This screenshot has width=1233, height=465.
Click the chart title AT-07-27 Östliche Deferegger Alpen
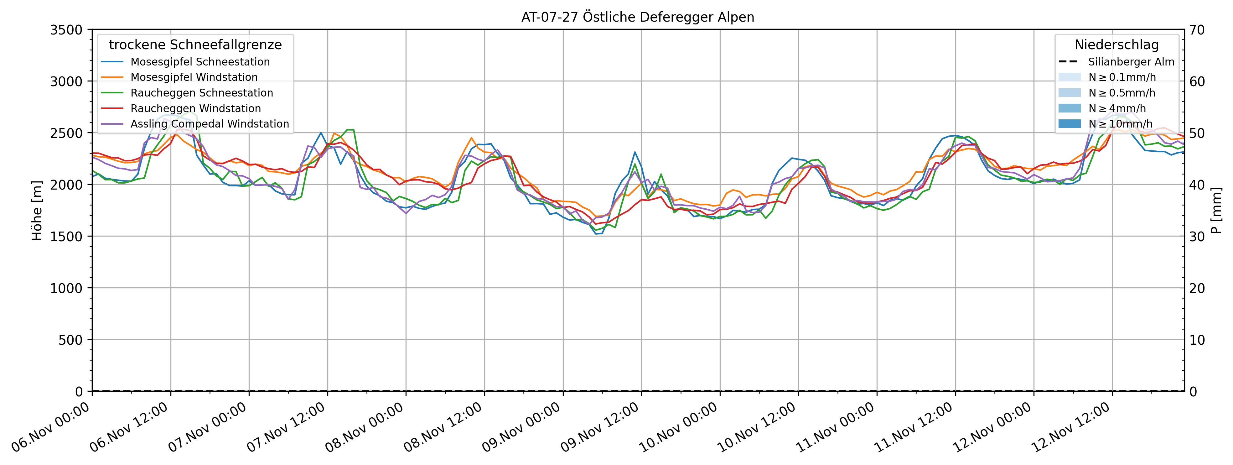[x=638, y=17]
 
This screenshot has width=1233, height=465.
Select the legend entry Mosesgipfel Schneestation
[x=200, y=62]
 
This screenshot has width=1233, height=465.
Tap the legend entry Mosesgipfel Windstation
[x=194, y=77]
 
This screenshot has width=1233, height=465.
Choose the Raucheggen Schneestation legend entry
[x=201, y=93]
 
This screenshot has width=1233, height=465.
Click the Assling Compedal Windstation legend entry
[x=210, y=124]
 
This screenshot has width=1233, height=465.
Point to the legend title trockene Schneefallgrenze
[x=195, y=44]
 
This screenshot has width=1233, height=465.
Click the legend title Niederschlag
[x=1117, y=44]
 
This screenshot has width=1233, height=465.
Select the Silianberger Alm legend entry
[x=1131, y=62]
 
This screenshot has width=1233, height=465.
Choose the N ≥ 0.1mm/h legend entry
[x=1122, y=77]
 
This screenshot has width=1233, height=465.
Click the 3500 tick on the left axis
[x=66, y=30]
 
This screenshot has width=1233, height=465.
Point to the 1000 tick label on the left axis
[x=66, y=288]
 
